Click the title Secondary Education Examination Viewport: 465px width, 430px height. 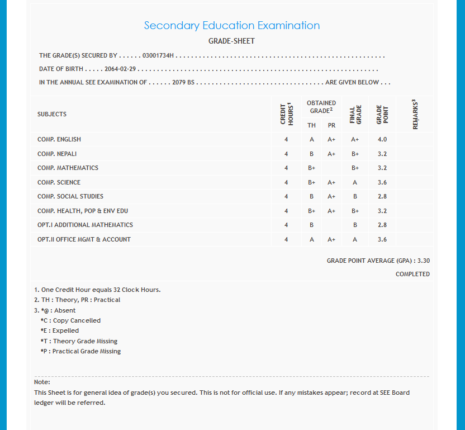coord(231,26)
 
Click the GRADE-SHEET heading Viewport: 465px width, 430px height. coord(231,41)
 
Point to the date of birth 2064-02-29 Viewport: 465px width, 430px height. coord(121,69)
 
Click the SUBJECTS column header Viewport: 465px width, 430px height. coord(52,114)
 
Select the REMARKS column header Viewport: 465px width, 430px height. coord(415,114)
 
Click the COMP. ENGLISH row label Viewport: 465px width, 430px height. coord(59,139)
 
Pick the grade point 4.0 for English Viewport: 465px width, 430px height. coord(382,139)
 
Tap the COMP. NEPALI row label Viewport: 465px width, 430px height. coord(57,154)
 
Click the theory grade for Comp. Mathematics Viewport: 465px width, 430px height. coord(312,168)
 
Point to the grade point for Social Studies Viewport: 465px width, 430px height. coord(382,196)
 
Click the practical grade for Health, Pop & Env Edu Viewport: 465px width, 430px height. coord(331,211)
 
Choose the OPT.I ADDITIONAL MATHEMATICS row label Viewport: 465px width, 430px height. coord(85,225)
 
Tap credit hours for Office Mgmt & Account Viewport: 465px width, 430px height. coord(286,239)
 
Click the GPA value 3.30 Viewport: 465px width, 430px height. coord(423,261)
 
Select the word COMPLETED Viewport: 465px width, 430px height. coord(412,274)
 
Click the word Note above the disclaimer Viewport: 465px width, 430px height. coord(42,382)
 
